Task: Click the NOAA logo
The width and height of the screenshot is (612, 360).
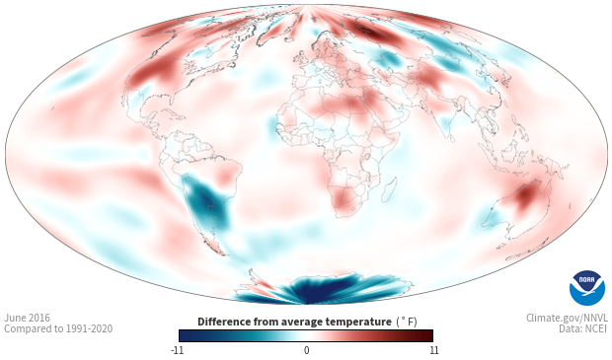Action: pyautogui.click(x=586, y=288)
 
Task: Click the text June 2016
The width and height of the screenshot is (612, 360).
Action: pyautogui.click(x=27, y=318)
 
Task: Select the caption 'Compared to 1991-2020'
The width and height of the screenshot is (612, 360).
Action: pyautogui.click(x=58, y=328)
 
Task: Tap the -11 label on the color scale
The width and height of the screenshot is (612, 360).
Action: pyautogui.click(x=178, y=350)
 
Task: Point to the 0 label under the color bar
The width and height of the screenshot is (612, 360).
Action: pyautogui.click(x=306, y=350)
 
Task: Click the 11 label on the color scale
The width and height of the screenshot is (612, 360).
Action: pyautogui.click(x=433, y=350)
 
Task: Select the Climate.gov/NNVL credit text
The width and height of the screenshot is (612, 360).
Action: pyautogui.click(x=567, y=318)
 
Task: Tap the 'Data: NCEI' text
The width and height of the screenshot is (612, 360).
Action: pyautogui.click(x=583, y=328)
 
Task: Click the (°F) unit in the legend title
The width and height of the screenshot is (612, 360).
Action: pyautogui.click(x=407, y=322)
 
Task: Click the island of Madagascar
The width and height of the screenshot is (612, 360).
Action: pyautogui.click(x=389, y=190)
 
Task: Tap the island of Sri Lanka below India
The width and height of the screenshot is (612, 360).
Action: pyautogui.click(x=452, y=138)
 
